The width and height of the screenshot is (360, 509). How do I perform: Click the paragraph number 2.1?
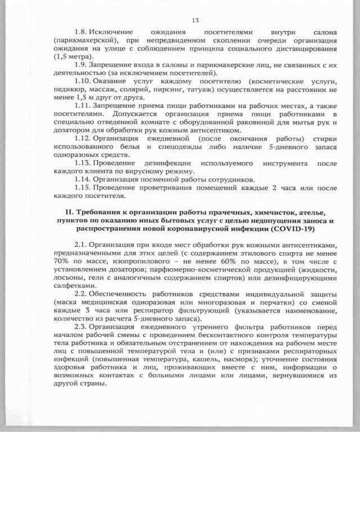pos(82,245)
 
